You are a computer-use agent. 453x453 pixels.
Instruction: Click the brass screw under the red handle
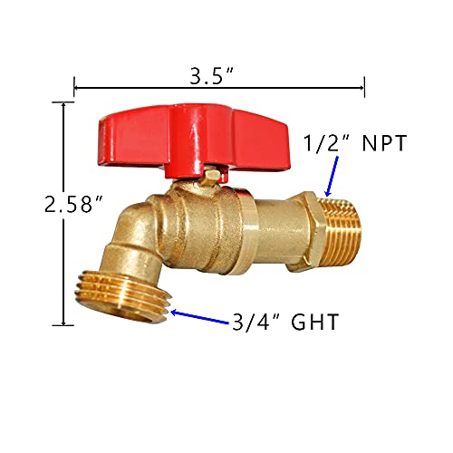click(211, 175)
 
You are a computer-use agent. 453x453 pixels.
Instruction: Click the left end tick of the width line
click(73, 88)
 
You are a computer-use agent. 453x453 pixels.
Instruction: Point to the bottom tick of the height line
click(63, 323)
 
